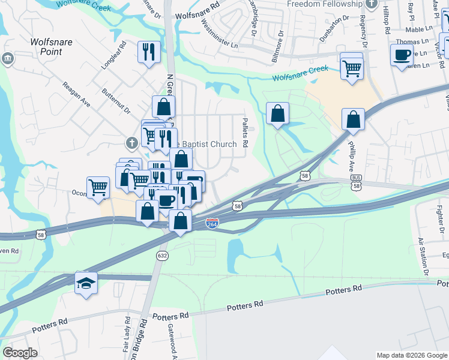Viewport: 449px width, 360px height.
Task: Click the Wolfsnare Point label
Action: click(x=46, y=47)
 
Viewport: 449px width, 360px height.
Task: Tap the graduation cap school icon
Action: click(x=86, y=283)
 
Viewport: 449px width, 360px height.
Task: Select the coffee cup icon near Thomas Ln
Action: click(x=402, y=55)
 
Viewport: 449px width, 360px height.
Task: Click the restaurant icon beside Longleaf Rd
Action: click(x=148, y=51)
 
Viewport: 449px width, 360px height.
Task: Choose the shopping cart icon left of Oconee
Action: click(x=98, y=187)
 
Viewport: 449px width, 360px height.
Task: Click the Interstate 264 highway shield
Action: click(x=212, y=223)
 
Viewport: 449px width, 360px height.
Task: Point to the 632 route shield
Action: click(x=164, y=255)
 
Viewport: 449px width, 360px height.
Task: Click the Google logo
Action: click(x=20, y=352)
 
